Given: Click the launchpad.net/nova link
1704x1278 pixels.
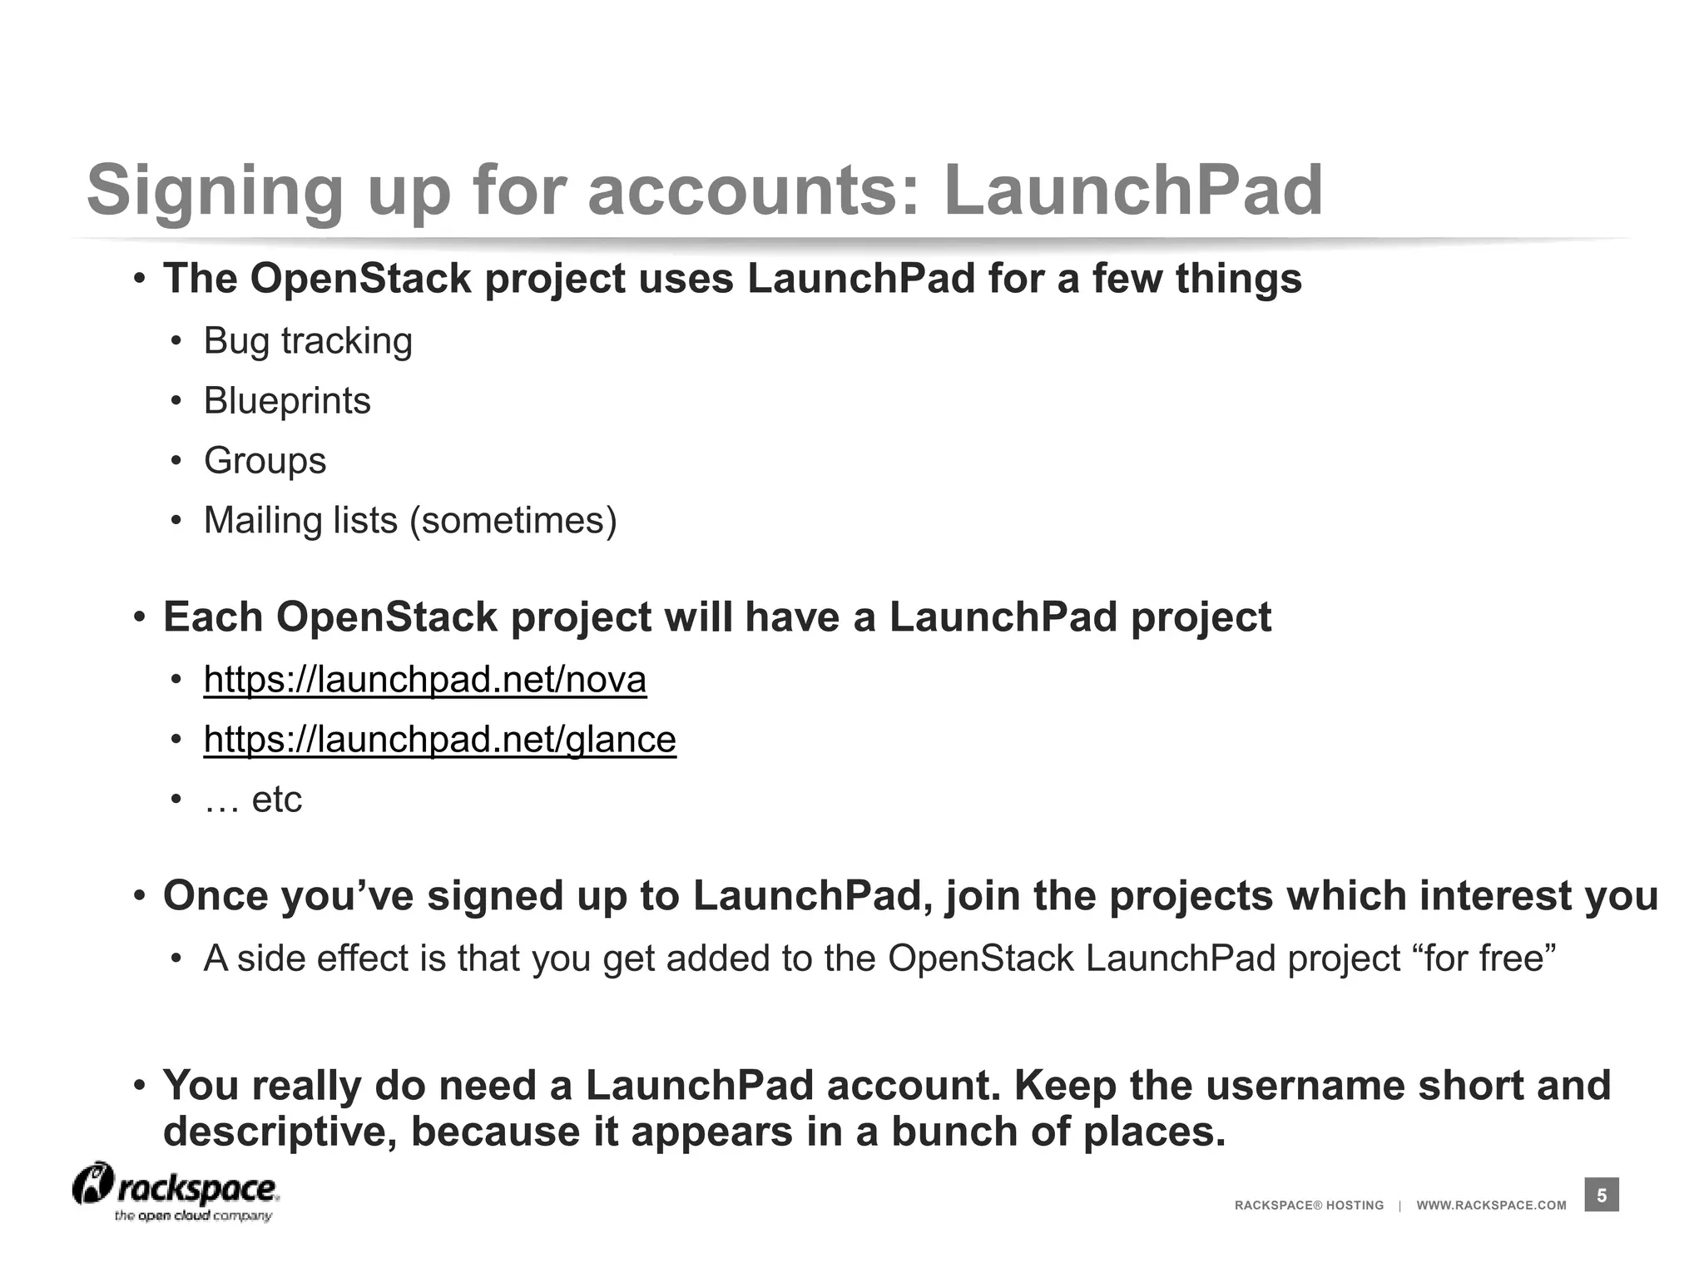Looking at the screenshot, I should click(424, 680).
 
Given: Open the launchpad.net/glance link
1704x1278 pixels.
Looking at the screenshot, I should click(439, 740).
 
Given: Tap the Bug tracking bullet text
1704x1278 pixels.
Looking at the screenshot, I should click(308, 341).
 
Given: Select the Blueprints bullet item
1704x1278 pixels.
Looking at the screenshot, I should click(287, 401).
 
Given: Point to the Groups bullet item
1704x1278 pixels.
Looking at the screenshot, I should click(265, 461).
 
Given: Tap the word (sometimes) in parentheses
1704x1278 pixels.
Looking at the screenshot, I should click(513, 521).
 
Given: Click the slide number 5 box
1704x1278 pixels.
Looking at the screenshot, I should click(1602, 1196).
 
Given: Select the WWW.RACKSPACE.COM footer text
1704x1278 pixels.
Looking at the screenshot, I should click(1491, 1206).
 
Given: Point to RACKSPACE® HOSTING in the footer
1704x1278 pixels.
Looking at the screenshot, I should click(1309, 1206).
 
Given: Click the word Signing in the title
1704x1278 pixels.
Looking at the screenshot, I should click(215, 191).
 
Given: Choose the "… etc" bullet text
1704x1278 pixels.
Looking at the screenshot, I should click(253, 800).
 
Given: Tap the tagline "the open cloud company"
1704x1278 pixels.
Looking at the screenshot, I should click(193, 1216).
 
